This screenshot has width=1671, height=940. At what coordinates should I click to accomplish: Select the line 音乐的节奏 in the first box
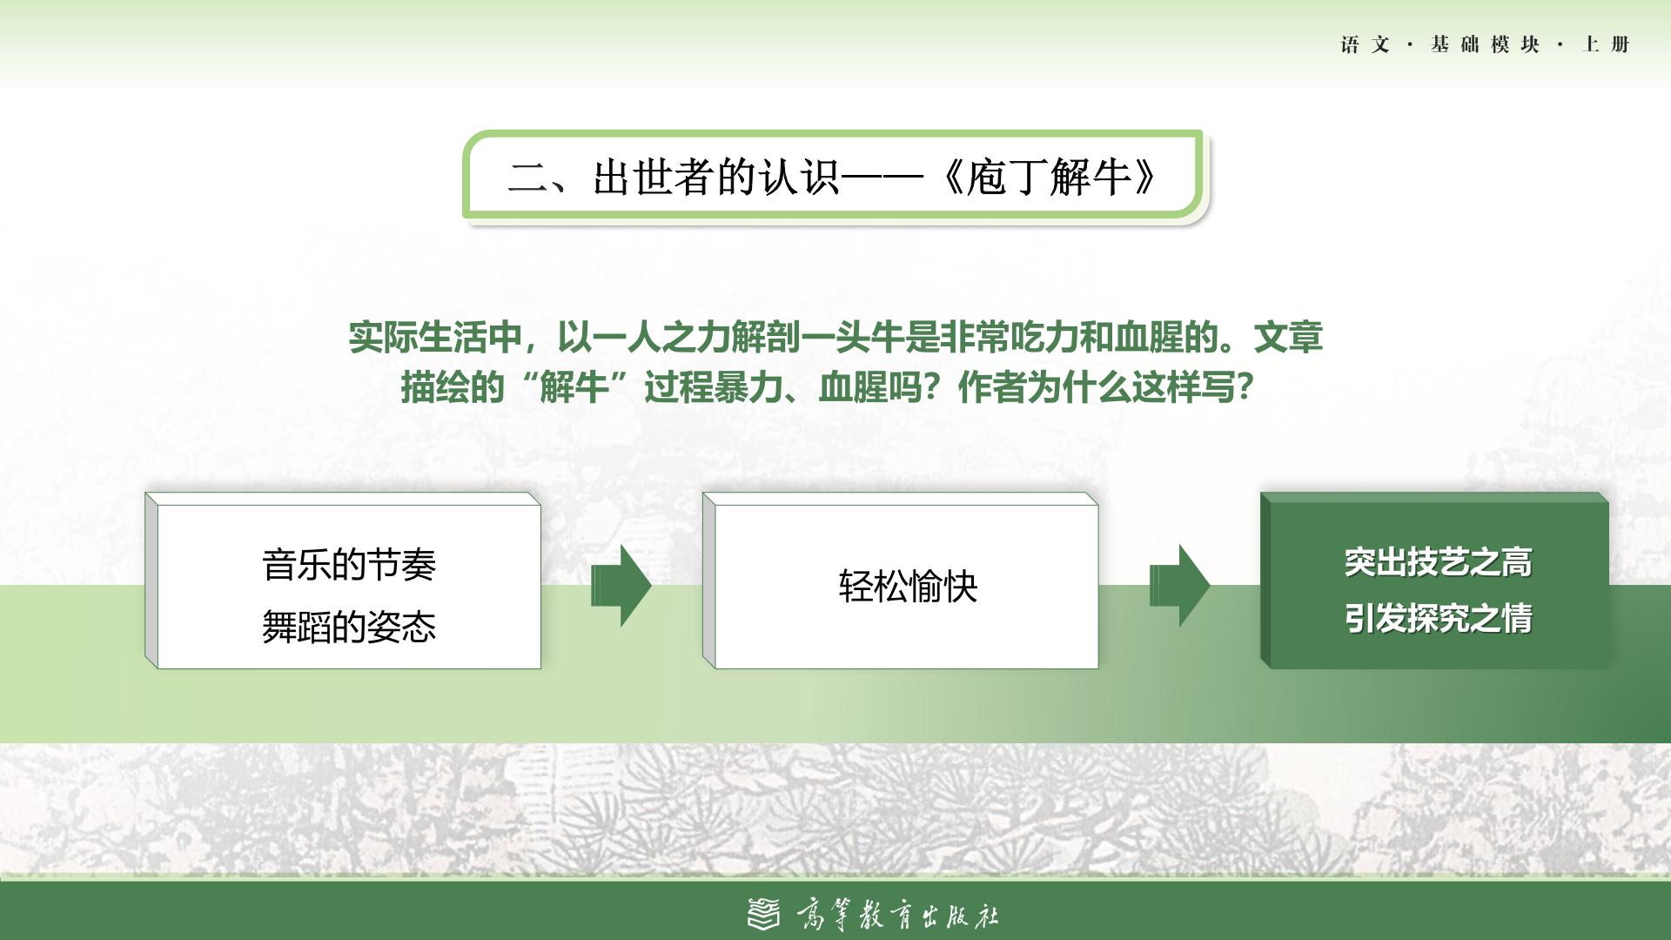click(349, 565)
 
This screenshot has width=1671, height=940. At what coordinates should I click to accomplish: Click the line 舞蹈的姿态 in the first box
click(349, 627)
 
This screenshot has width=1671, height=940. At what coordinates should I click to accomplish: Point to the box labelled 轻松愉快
click(901, 581)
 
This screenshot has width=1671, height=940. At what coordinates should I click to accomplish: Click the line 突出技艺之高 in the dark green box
click(1438, 562)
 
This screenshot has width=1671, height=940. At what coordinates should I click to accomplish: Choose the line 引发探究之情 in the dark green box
click(1438, 618)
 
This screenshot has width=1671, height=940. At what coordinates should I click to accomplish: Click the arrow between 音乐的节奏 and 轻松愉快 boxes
click(621, 585)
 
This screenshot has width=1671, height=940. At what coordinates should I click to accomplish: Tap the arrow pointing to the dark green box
click(1179, 585)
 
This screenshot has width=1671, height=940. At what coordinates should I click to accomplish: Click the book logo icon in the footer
click(764, 914)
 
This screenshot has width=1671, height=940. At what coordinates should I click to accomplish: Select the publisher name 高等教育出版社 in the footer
click(897, 915)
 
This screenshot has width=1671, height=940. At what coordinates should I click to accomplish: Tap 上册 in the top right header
click(1606, 44)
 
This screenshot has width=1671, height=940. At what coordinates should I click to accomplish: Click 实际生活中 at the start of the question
click(435, 337)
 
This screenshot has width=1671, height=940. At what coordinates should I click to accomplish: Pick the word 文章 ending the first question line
click(1288, 337)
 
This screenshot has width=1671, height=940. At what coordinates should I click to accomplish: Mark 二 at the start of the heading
click(528, 177)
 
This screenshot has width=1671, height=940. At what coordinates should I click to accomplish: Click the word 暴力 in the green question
click(748, 387)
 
